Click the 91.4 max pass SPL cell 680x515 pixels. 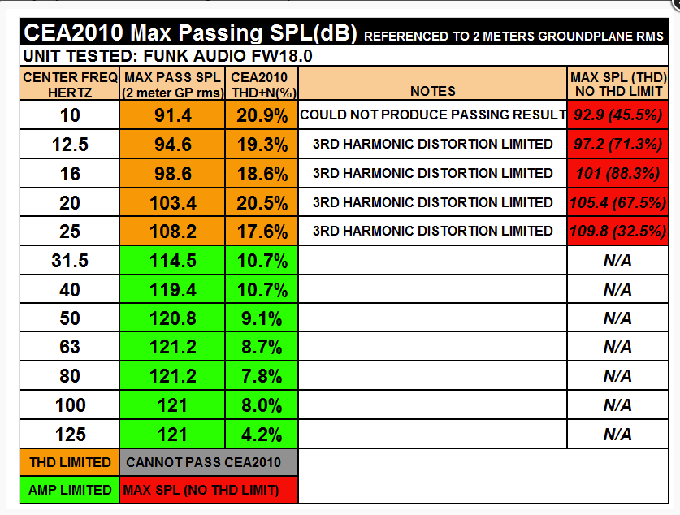click(173, 115)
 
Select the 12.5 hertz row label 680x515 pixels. click(70, 145)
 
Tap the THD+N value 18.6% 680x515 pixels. click(262, 174)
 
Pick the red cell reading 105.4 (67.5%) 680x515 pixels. click(618, 202)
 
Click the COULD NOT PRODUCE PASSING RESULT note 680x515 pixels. click(433, 115)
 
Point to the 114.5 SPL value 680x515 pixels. click(173, 261)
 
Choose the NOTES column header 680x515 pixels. click(433, 91)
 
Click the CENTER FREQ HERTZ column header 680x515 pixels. click(70, 84)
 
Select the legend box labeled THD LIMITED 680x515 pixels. click(70, 462)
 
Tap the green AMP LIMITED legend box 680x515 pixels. click(70, 490)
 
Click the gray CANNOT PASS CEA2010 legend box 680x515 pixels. click(209, 462)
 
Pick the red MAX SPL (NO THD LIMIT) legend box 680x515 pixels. click(209, 490)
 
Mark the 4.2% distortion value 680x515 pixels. click(262, 435)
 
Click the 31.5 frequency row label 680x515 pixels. click(70, 261)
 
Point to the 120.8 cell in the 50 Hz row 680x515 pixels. click(173, 318)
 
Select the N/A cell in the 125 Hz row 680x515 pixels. click(618, 435)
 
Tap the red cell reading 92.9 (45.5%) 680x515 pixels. click(618, 115)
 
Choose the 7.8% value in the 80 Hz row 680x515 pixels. click(262, 376)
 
